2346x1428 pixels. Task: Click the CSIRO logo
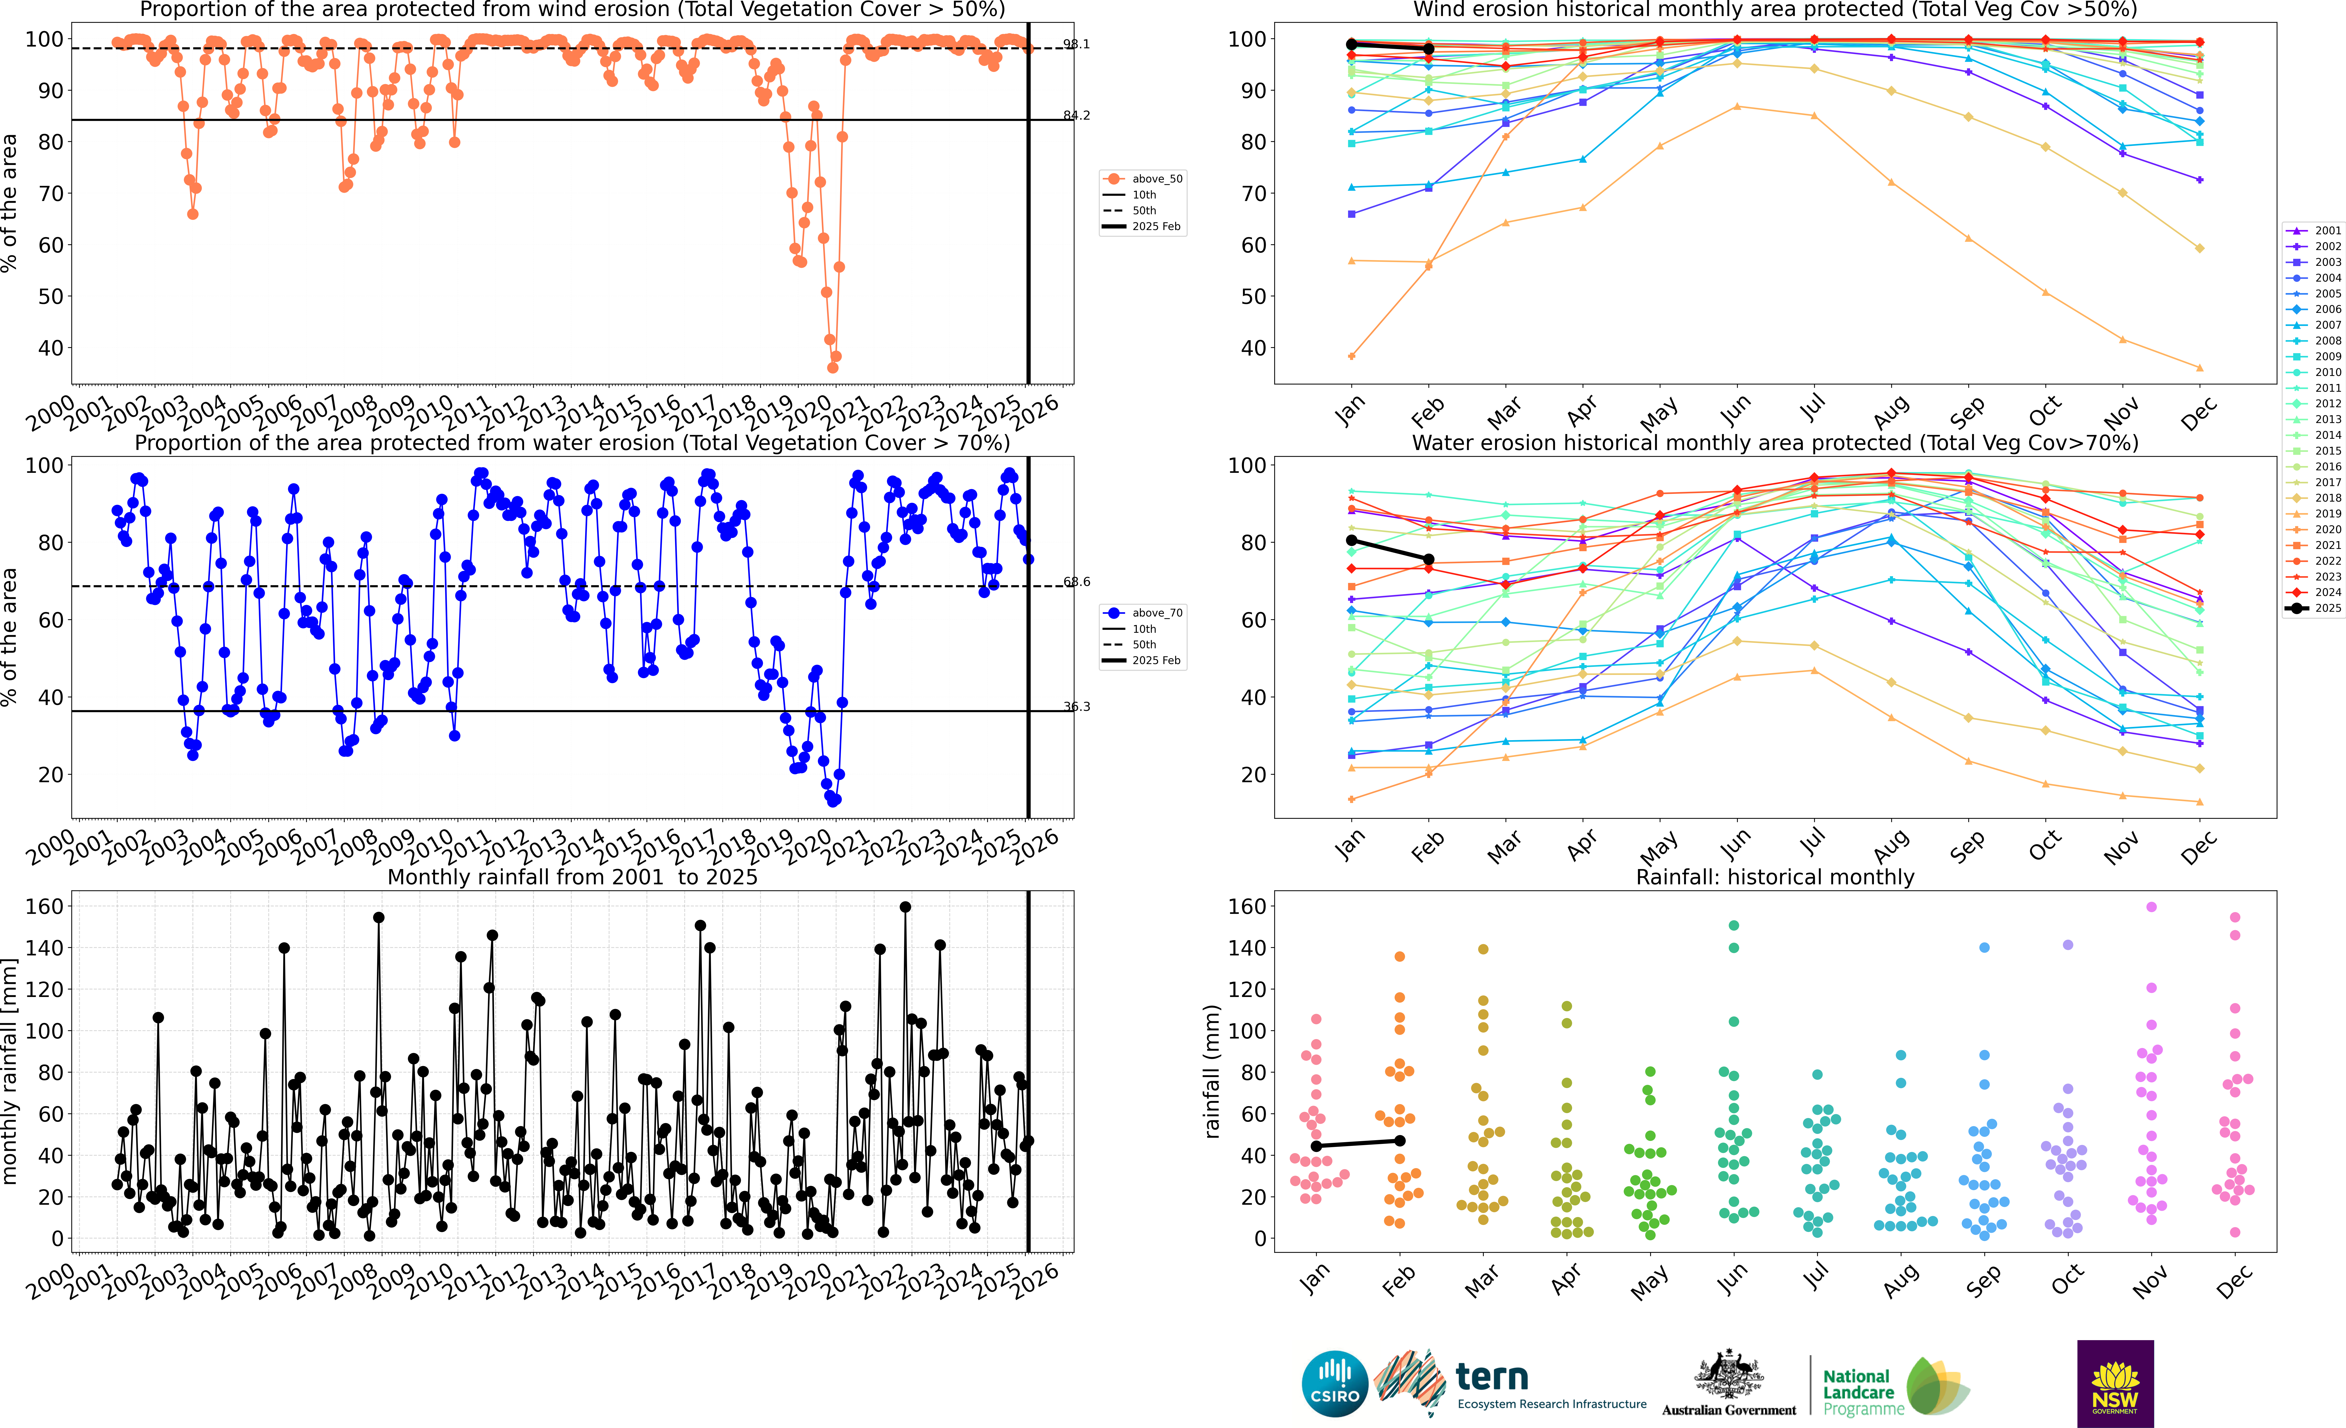coord(1335,1383)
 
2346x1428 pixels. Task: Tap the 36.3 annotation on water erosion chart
coord(1077,706)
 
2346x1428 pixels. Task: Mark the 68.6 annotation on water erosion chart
coord(1077,582)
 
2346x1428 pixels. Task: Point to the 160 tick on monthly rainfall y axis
coord(45,906)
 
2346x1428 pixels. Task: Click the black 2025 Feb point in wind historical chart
coord(1428,49)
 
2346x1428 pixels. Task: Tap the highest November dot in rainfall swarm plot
coord(2151,907)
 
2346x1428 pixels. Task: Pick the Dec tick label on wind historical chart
coord(2199,415)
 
